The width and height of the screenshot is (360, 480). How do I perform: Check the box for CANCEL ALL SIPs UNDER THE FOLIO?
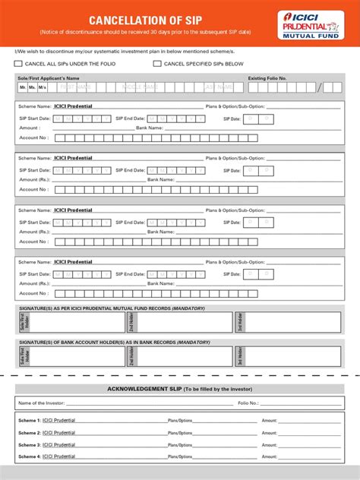point(19,64)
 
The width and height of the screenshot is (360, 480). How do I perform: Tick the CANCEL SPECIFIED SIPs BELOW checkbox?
point(157,64)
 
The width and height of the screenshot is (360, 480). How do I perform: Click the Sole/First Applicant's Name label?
point(49,78)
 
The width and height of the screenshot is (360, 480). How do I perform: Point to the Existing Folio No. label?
point(267,78)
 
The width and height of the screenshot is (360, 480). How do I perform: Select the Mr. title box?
point(23,88)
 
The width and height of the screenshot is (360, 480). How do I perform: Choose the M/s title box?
point(42,88)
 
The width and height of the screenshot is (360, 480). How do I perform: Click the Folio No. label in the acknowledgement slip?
point(248,403)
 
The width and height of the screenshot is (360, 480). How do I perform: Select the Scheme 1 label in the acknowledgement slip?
point(30,420)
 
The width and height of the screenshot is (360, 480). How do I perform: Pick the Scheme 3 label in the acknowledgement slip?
point(30,444)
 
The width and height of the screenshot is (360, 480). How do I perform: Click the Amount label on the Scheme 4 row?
point(270,456)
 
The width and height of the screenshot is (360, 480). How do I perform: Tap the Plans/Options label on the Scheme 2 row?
point(180,432)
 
